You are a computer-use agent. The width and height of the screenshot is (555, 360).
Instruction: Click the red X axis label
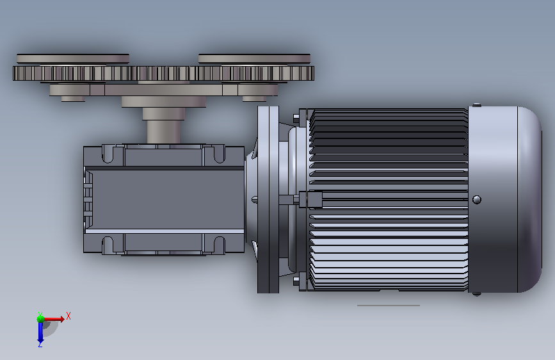point(68,316)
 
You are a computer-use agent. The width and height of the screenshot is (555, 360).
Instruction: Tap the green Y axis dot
point(40,319)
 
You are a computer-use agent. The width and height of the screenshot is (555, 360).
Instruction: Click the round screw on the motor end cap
point(477,199)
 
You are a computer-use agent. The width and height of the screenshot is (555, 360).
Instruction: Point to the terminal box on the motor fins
point(314,199)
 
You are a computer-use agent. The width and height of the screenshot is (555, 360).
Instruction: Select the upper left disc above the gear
point(73,59)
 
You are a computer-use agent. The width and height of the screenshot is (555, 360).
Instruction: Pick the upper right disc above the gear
point(254,59)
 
